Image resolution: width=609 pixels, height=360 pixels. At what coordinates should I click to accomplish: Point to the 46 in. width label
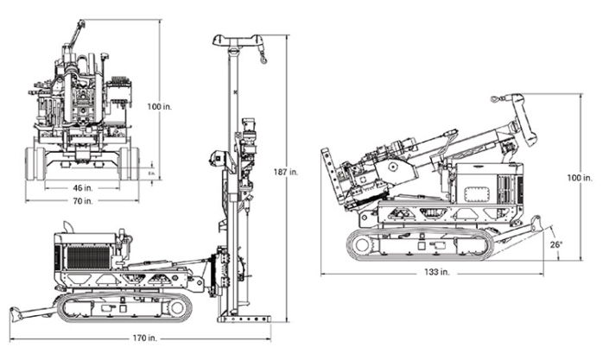tap(83, 186)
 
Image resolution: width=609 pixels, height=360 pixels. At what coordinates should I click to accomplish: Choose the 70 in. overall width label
tap(83, 201)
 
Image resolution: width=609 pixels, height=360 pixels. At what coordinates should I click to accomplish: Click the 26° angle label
tap(557, 244)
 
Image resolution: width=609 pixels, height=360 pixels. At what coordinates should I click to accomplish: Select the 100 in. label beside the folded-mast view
tap(580, 177)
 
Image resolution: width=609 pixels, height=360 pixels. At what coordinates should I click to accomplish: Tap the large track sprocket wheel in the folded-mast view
tap(359, 246)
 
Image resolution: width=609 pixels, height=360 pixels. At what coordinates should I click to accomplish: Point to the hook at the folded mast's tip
tap(495, 100)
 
